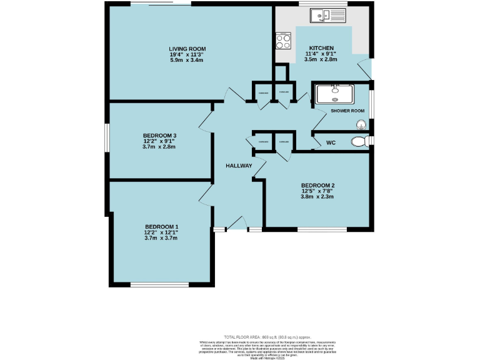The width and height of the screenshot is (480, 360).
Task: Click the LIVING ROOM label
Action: [187, 49]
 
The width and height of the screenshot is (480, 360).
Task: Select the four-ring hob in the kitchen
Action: [283, 41]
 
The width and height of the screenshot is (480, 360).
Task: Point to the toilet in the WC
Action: [359, 142]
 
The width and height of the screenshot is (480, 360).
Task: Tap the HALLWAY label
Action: [239, 166]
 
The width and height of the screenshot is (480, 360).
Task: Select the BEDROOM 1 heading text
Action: [162, 226]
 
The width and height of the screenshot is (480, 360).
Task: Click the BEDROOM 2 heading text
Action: [318, 185]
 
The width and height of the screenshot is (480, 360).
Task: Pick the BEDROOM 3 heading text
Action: [159, 136]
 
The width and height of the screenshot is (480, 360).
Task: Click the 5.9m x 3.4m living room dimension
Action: [187, 60]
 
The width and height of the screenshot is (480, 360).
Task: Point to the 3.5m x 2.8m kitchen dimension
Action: [321, 59]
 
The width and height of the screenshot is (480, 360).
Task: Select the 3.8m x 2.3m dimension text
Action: [318, 196]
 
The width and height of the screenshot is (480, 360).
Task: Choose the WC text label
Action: [331, 143]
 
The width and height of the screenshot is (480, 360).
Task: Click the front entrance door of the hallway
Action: [236, 224]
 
